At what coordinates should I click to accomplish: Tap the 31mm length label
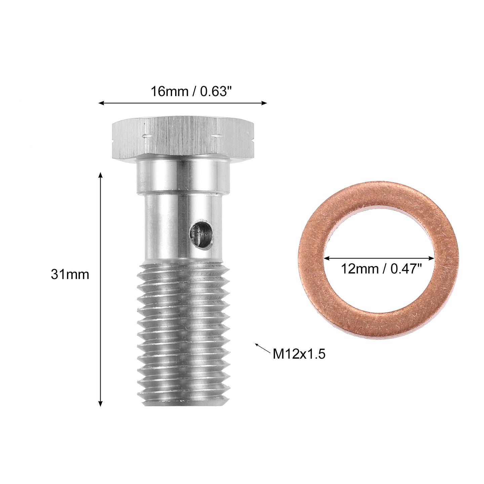coord(70,274)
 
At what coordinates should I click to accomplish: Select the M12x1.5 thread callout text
coord(299,354)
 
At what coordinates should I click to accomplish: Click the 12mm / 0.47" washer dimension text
coord(381,269)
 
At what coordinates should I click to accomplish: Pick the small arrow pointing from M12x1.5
coord(263,348)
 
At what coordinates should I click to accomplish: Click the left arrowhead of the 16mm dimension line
coord(101,103)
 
